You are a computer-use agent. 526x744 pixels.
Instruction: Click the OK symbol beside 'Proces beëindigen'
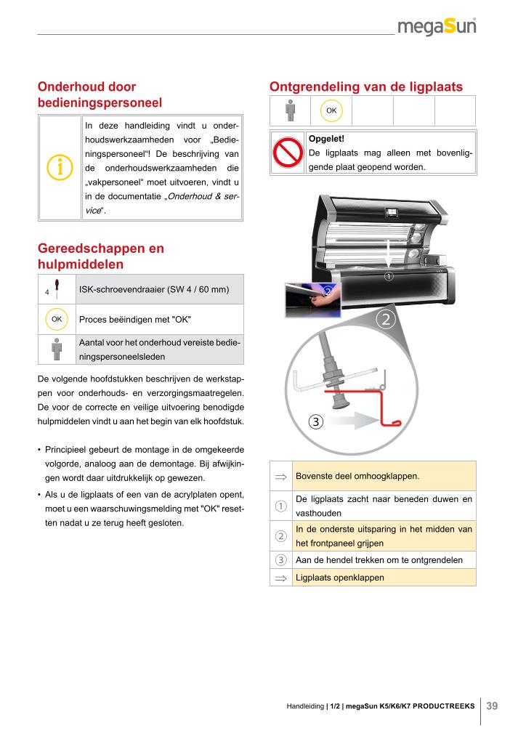click(56, 319)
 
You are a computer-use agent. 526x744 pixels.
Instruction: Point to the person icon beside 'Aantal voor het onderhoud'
click(57, 349)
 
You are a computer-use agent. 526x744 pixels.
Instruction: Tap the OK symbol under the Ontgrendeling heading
click(331, 110)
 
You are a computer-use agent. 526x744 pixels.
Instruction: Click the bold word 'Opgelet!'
click(326, 139)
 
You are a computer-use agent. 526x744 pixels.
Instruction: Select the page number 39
click(492, 705)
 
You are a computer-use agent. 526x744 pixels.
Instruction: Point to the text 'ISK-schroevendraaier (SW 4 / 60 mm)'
click(154, 290)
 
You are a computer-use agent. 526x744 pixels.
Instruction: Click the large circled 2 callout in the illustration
click(385, 319)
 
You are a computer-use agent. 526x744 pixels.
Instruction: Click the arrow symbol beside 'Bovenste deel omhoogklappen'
click(280, 477)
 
